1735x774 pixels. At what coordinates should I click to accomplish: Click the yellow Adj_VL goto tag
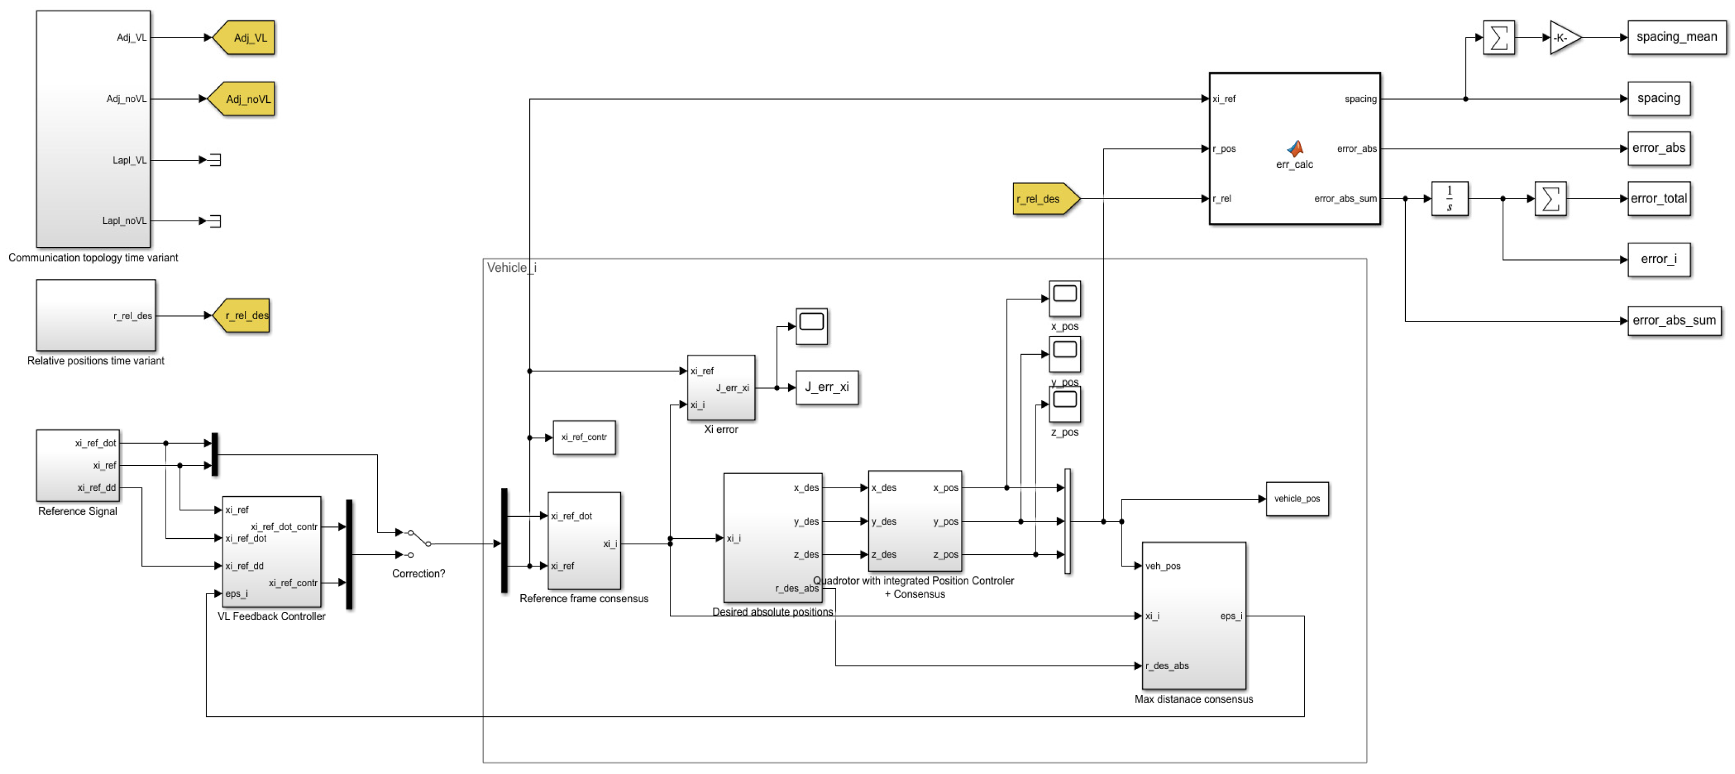pos(244,38)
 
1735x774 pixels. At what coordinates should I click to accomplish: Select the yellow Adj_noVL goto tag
pos(242,99)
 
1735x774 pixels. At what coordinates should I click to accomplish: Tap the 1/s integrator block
pos(1449,199)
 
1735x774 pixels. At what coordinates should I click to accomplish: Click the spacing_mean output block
pos(1676,38)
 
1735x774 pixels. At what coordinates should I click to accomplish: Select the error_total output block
pos(1658,199)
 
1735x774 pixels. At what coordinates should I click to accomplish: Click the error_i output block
pos(1658,259)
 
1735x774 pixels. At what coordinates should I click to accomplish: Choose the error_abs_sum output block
pos(1673,321)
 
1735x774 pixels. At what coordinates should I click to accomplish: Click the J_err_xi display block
pos(826,388)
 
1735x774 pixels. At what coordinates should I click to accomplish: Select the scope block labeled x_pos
pos(1064,298)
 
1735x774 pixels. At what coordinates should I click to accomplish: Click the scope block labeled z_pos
pos(1064,404)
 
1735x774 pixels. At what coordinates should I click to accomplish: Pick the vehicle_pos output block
pos(1297,498)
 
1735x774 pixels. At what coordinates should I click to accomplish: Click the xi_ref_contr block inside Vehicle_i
pos(584,437)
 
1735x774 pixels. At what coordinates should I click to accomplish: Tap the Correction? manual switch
pos(417,543)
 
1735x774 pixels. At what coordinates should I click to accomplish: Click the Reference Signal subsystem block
pos(77,465)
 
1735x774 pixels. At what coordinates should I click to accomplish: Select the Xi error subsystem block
pos(721,388)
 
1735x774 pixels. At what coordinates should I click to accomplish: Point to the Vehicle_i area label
pos(511,268)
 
